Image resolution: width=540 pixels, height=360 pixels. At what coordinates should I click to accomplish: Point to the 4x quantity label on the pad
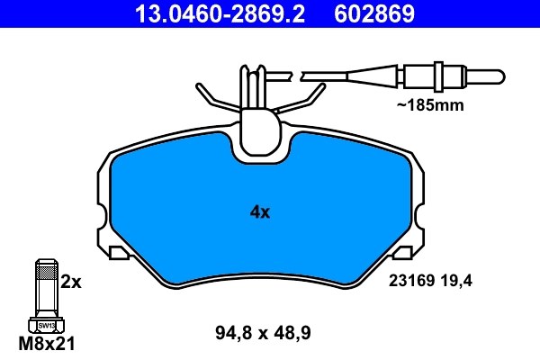pyautogui.click(x=259, y=212)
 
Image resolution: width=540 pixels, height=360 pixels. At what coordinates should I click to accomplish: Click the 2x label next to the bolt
pyautogui.click(x=71, y=282)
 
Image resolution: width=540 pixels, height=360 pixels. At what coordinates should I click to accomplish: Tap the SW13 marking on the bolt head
pyautogui.click(x=46, y=325)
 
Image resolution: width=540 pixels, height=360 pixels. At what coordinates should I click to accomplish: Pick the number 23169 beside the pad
pyautogui.click(x=409, y=281)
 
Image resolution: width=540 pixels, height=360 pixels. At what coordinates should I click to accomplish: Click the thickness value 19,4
pyautogui.click(x=457, y=281)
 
